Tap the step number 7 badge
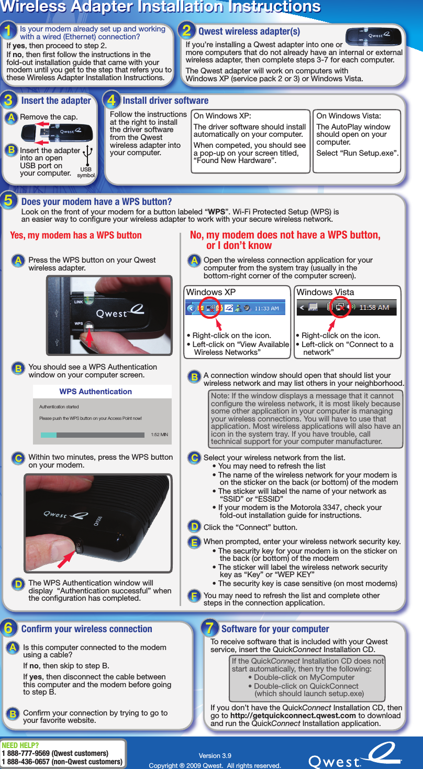210,628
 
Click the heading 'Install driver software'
165,100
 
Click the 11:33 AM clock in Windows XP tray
267,308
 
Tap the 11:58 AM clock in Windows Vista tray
374,307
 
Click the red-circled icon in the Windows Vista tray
340,307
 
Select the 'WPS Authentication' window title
96,392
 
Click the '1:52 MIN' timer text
159,435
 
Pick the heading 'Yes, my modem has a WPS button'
76,235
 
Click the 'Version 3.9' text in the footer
215,755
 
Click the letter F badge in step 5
194,596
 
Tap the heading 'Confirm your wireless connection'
87,629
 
